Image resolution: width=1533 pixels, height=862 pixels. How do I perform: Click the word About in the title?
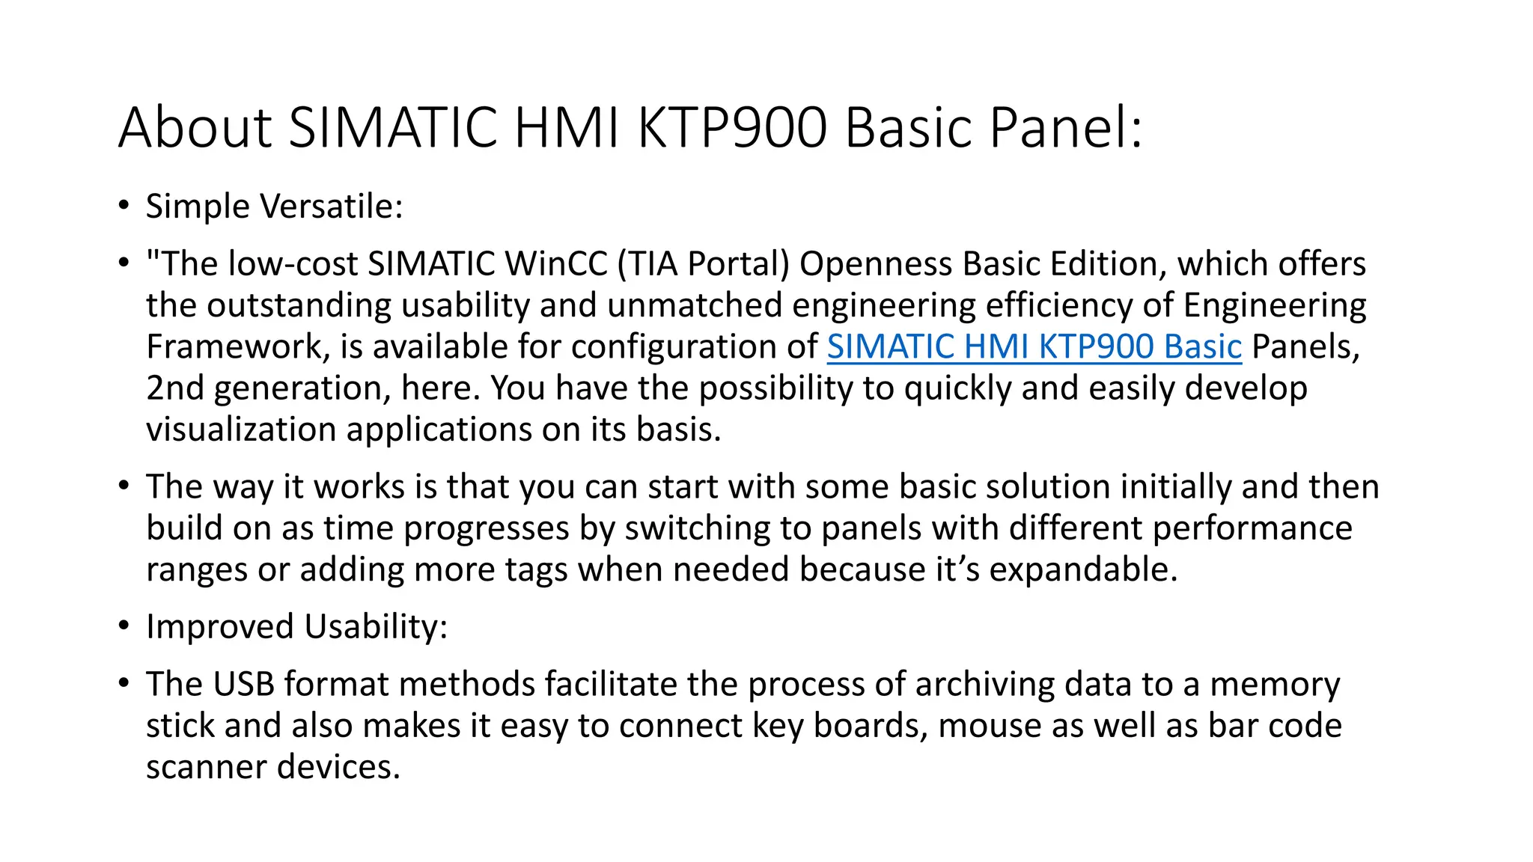pos(195,127)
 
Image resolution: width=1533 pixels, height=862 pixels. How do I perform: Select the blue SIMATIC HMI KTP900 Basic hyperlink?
pos(1034,347)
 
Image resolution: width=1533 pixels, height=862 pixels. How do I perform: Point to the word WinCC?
pos(556,264)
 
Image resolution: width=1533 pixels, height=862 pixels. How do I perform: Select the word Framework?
pos(237,347)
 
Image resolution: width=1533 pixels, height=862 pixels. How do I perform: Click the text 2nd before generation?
pos(174,388)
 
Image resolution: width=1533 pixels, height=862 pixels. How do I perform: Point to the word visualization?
pos(240,430)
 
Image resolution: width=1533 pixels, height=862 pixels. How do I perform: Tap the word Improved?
pos(219,627)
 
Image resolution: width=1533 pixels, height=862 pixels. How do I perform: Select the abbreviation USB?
pos(243,685)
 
